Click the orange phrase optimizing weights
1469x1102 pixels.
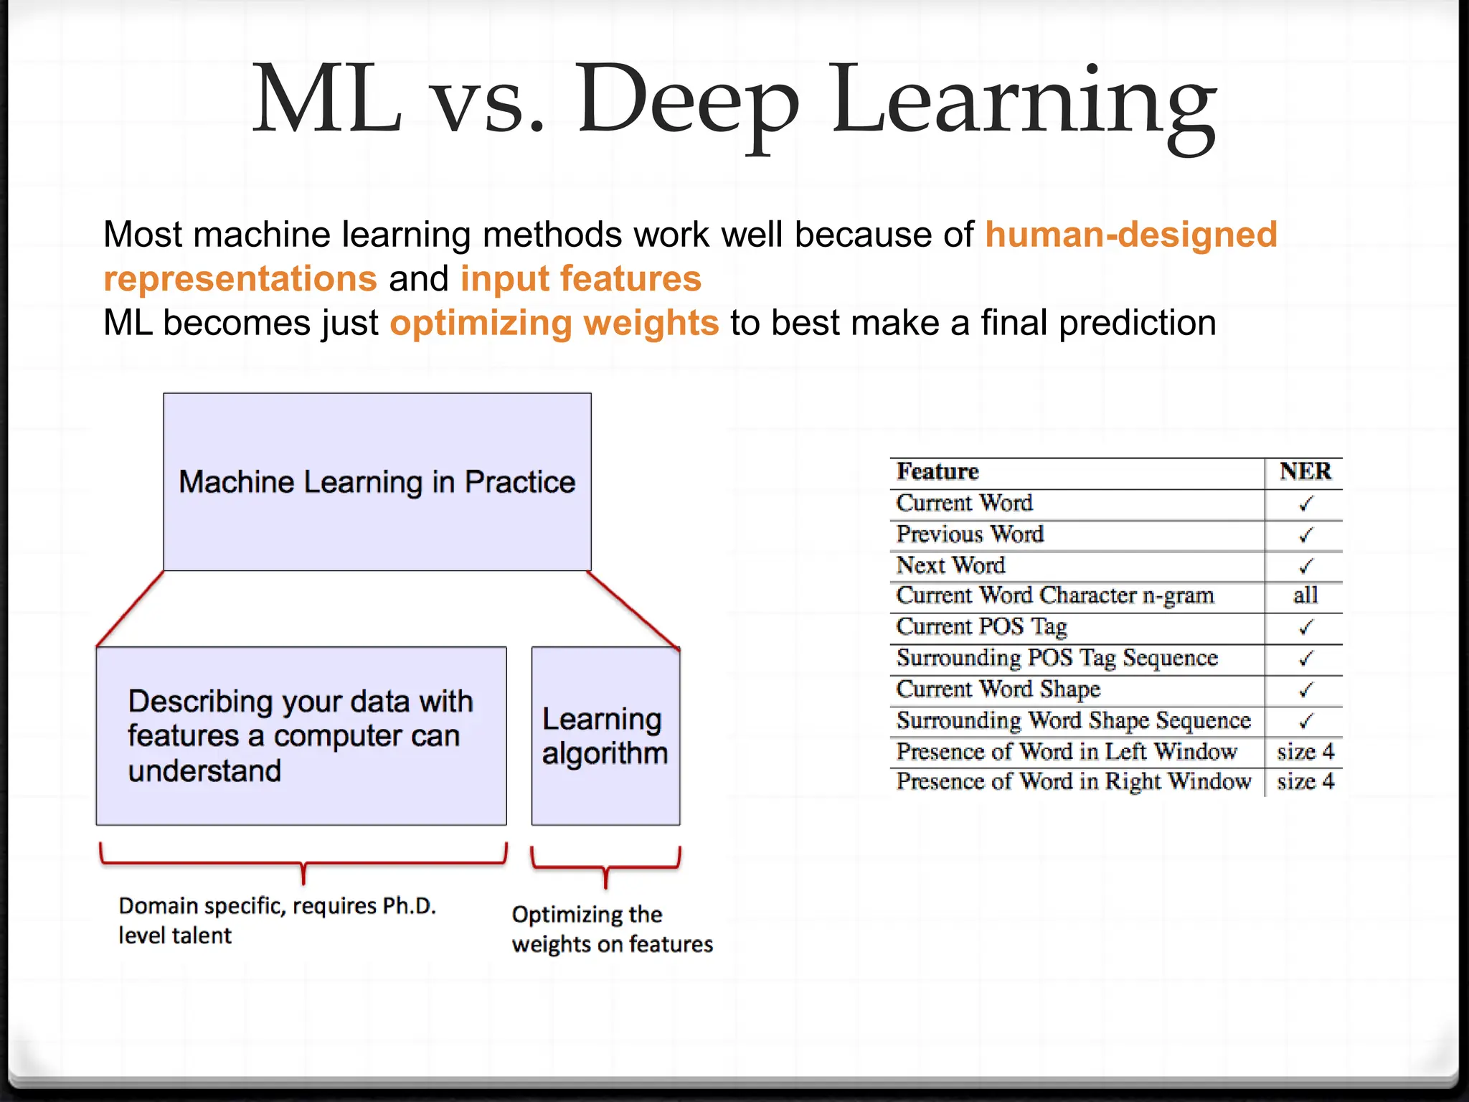tap(554, 323)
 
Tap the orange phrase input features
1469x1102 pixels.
tap(580, 278)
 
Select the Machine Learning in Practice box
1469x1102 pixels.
tap(377, 481)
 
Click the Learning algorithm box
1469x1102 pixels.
tap(605, 735)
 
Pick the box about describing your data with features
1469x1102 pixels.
tap(301, 735)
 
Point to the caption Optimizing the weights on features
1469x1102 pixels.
tap(612, 928)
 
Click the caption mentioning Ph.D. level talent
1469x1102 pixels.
tap(277, 920)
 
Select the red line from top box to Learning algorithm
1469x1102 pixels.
tap(633, 609)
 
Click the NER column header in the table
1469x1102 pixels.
tap(1305, 471)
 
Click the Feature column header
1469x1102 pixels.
tap(937, 471)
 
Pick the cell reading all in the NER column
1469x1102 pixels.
tap(1305, 595)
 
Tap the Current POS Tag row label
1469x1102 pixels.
tap(981, 627)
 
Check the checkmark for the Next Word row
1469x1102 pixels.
tap(1305, 566)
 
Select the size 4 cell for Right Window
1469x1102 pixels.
tap(1305, 781)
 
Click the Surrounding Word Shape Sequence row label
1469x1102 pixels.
tap(1073, 720)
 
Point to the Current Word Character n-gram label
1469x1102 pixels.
tap(1054, 595)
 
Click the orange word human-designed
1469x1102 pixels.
tap(1130, 235)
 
